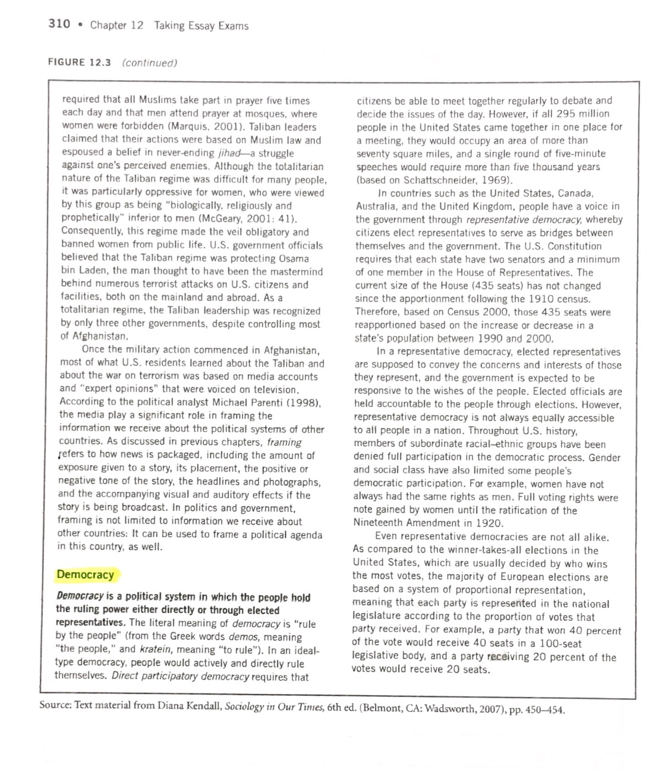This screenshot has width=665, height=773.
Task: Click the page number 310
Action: tap(59, 24)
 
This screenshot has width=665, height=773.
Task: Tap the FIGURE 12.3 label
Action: tap(79, 62)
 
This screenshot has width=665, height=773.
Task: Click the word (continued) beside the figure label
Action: tap(149, 62)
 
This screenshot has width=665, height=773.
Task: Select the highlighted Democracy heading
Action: tap(86, 575)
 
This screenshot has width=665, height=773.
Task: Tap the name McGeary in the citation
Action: tap(219, 219)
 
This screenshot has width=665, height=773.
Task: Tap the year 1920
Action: tap(490, 523)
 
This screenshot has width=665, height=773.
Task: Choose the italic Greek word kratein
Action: tap(151, 649)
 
